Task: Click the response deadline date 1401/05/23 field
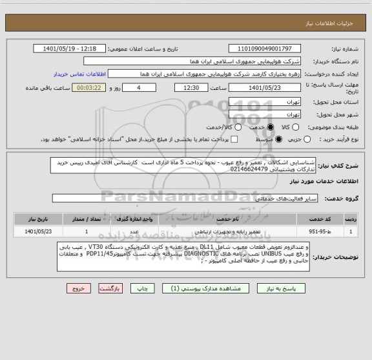[265, 88]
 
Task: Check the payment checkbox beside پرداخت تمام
[234, 139]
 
